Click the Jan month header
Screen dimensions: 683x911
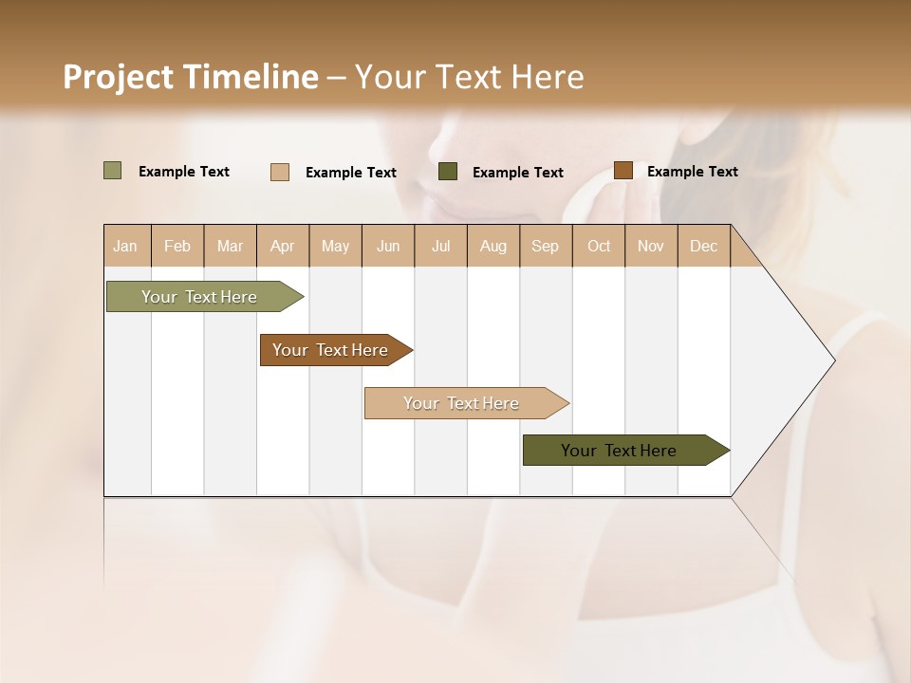125,246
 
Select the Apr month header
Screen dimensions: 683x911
282,246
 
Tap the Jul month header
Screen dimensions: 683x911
440,246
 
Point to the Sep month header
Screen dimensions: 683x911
545,246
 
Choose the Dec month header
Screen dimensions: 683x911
703,246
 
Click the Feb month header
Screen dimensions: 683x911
177,246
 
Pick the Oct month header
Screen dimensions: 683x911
598,246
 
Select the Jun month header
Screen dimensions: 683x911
387,246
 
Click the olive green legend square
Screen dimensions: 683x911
112,171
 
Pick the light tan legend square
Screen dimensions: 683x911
279,172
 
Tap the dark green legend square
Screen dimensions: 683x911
448,172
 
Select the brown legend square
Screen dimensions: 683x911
623,171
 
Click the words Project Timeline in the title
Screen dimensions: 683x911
190,77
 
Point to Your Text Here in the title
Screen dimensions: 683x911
469,77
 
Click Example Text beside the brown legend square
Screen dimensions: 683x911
692,172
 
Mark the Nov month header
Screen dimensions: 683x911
650,246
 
